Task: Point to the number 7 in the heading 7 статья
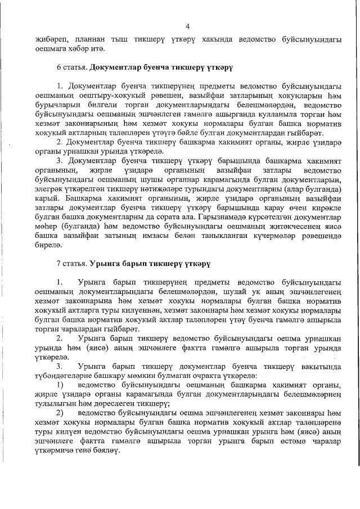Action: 58,262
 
